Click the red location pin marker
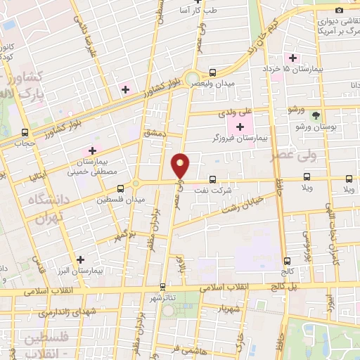(181, 165)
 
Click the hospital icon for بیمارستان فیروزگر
(241, 127)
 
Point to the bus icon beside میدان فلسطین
(121, 188)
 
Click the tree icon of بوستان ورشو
(316, 115)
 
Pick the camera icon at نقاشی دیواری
(340, 10)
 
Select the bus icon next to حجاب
(25, 133)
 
